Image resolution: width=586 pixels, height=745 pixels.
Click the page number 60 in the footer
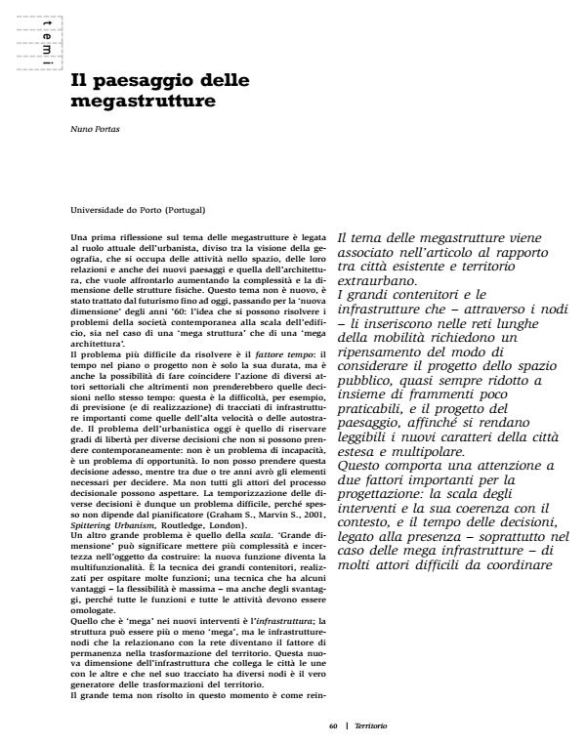(333, 726)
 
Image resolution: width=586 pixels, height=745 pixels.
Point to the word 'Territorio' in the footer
(370, 726)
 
